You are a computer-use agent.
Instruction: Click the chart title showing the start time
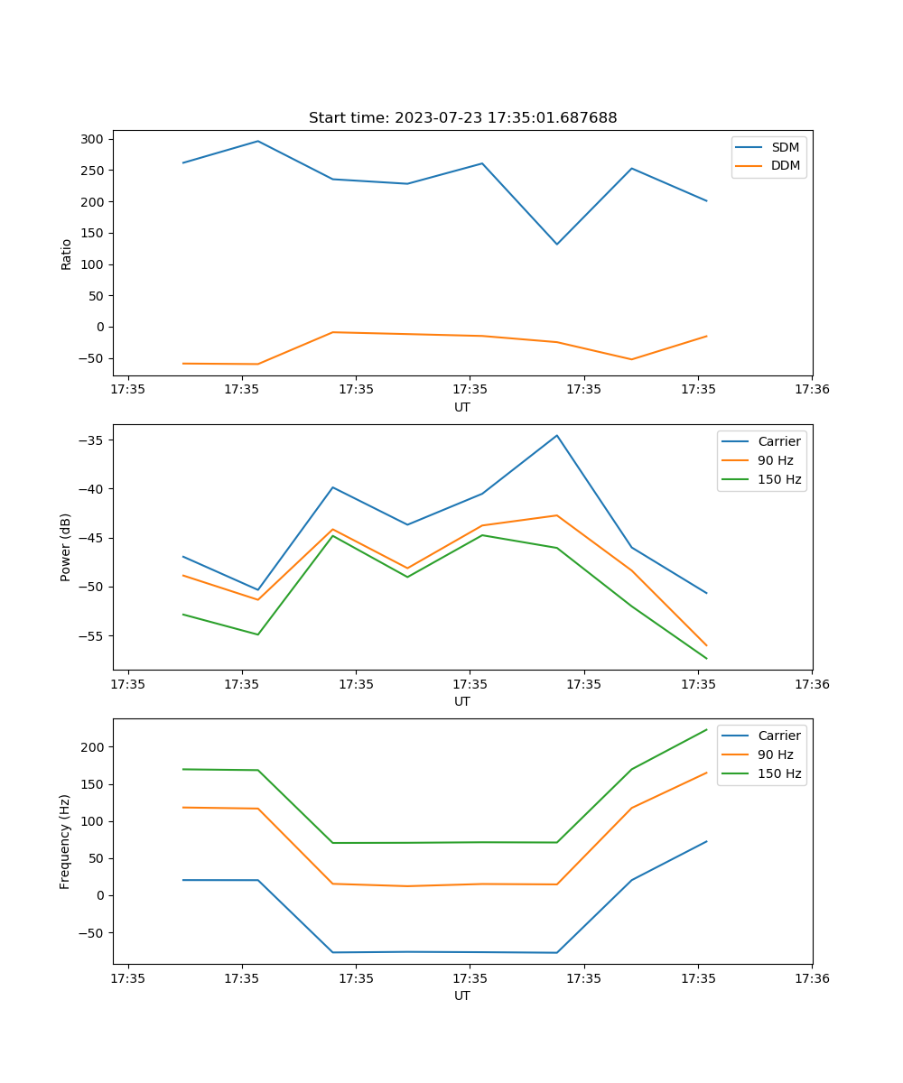coord(462,118)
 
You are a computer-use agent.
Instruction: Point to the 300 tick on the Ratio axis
coord(91,139)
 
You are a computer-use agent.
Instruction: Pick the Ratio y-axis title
coord(66,254)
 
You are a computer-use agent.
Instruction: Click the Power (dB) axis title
coord(66,547)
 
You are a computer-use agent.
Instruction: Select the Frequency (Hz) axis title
coord(66,841)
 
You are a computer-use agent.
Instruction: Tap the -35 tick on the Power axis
coord(93,440)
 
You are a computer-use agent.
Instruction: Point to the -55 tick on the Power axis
coord(93,635)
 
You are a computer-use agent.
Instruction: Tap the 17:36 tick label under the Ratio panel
coord(812,390)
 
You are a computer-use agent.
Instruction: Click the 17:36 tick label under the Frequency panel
coord(812,978)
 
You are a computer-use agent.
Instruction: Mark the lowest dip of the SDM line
coord(557,244)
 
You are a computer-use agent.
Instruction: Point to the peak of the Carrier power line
coord(557,436)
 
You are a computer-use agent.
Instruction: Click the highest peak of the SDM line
coord(258,141)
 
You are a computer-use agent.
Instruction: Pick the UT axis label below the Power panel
coord(462,701)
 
